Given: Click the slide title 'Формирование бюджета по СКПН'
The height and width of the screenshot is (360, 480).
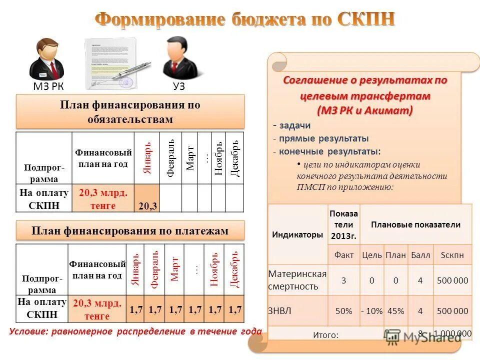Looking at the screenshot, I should pyautogui.click(x=245, y=19).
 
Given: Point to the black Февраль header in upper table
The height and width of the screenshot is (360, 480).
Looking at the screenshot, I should pyautogui.click(x=170, y=158).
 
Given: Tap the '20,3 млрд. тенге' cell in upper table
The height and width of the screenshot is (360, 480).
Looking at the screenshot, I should pyautogui.click(x=103, y=198).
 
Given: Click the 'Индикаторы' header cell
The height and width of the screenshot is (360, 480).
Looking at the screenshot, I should pyautogui.click(x=297, y=234).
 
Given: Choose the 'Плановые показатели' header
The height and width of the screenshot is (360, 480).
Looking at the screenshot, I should pyautogui.click(x=415, y=225).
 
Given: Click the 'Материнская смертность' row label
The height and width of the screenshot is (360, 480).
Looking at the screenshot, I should pyautogui.click(x=297, y=280).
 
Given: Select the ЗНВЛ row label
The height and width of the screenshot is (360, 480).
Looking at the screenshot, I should pyautogui.click(x=280, y=310).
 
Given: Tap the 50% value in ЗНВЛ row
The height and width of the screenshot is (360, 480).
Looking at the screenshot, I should pyautogui.click(x=343, y=311).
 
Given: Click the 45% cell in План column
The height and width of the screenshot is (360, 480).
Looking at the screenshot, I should pyautogui.click(x=395, y=311).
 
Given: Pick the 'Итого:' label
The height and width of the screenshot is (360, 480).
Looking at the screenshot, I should pyautogui.click(x=325, y=335).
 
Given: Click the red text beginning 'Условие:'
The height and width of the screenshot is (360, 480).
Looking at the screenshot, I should pyautogui.click(x=135, y=331).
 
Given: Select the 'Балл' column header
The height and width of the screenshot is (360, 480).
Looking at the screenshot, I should pyautogui.click(x=420, y=255).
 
